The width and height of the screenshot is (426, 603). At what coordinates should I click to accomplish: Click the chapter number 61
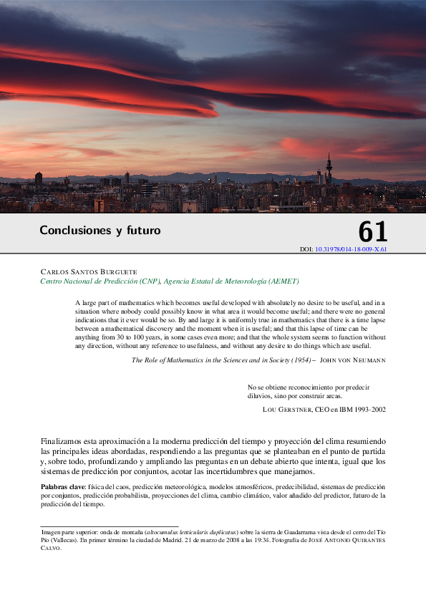372,231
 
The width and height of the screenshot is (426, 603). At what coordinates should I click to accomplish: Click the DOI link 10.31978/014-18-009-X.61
351,249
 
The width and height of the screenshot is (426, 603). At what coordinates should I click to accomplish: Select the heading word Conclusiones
71,231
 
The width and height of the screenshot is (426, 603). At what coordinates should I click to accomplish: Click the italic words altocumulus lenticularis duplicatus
191,533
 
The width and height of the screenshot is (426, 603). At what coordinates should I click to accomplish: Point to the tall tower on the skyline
329,169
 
